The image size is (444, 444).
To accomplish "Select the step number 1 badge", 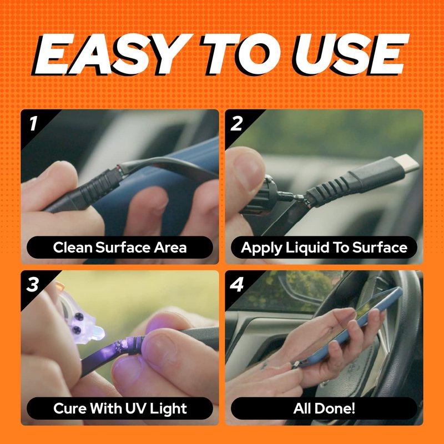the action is [x=33, y=123].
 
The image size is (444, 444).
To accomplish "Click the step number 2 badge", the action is [x=236, y=123].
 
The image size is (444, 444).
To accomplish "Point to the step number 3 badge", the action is [x=32, y=284].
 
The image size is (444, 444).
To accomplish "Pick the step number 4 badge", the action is [x=237, y=284].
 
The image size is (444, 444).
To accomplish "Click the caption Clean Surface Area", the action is [x=120, y=247].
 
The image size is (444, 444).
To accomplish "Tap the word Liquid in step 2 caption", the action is [x=307, y=248].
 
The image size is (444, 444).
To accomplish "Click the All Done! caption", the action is [x=324, y=408].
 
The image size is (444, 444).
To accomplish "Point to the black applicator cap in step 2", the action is [x=256, y=196].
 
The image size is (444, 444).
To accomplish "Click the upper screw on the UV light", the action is [x=79, y=317].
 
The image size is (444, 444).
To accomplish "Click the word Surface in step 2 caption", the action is [x=380, y=247].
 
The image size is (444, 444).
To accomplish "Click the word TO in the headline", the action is [x=242, y=54].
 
